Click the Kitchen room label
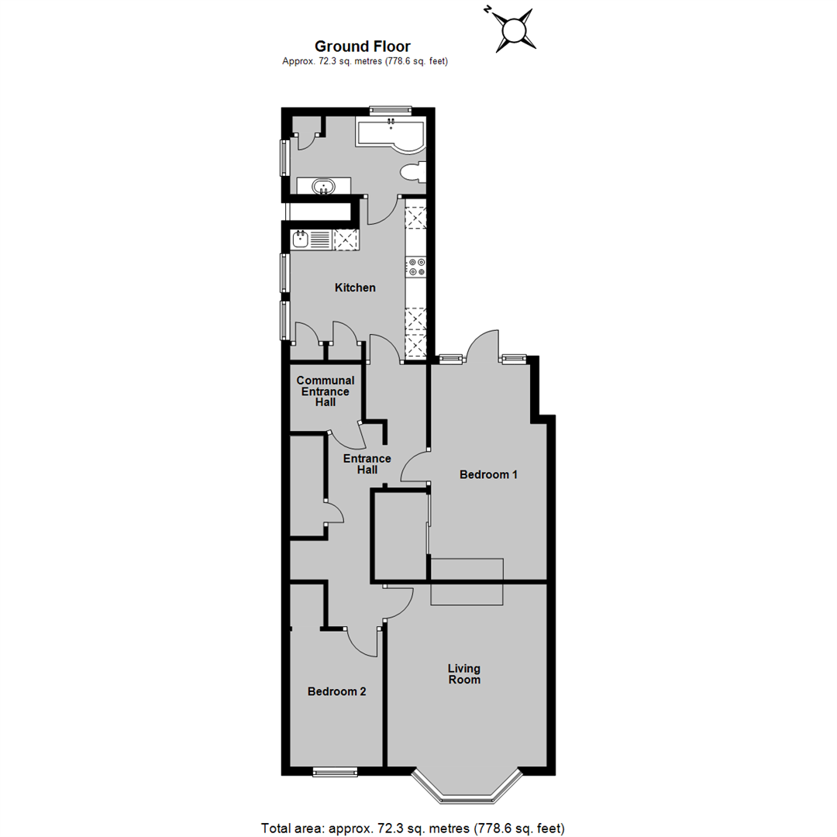(355, 288)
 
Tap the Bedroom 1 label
(488, 474)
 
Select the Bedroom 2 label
(336, 691)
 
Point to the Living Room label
(464, 673)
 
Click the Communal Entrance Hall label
(325, 391)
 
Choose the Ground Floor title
(362, 46)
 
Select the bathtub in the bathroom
(390, 133)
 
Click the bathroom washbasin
(323, 186)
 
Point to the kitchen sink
(301, 239)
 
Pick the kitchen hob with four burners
(415, 267)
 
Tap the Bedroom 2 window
(335, 771)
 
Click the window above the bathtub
(390, 109)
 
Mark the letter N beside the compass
(487, 10)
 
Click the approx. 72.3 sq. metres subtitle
(365, 61)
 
